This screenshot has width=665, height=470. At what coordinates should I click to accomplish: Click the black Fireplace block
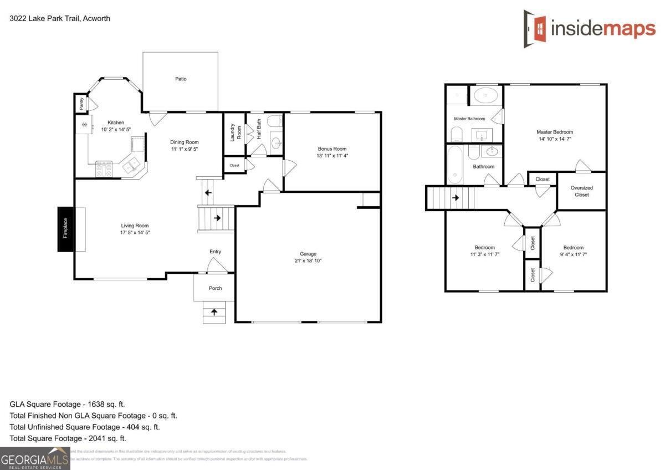[x=65, y=229]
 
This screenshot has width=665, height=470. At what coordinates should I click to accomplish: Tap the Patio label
[x=181, y=79]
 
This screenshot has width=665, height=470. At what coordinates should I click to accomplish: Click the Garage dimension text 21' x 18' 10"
[x=308, y=260]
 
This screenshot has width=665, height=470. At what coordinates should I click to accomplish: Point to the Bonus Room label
[x=332, y=149]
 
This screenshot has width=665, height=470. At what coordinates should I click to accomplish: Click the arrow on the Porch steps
[x=214, y=313]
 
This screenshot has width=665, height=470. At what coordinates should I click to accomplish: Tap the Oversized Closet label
[x=581, y=191]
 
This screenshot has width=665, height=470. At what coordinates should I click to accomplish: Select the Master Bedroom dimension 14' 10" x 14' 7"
[x=555, y=139]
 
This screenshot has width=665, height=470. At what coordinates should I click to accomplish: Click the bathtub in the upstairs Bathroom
[x=454, y=164]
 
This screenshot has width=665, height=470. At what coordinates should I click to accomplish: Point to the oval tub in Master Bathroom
[x=486, y=95]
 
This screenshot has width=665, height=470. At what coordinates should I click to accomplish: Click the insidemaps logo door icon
[x=534, y=28]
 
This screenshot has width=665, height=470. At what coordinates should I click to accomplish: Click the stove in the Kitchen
[x=104, y=168]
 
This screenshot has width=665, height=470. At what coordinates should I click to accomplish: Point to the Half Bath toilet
[x=274, y=122]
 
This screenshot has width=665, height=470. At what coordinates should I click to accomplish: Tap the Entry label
[x=215, y=252]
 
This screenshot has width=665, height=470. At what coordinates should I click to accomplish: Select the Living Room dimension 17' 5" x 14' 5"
[x=135, y=233]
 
